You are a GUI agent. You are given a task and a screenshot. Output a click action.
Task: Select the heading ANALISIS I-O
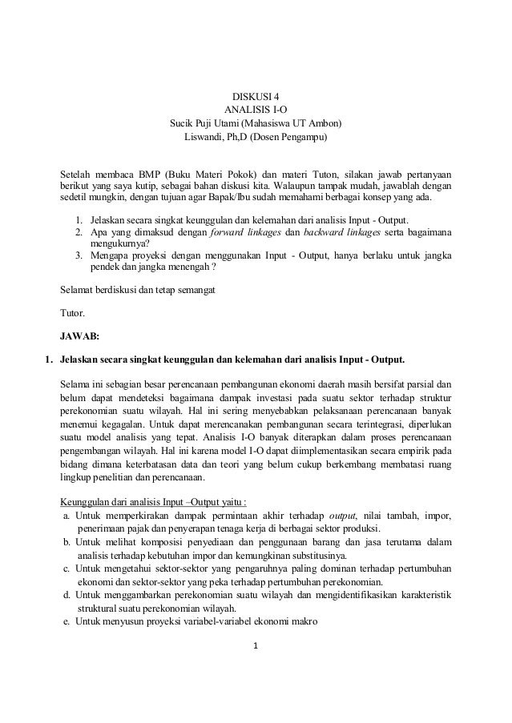tap(256, 110)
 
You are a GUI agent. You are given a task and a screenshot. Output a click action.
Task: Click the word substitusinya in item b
tap(316, 553)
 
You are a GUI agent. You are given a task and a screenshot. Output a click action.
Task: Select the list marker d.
tap(66, 595)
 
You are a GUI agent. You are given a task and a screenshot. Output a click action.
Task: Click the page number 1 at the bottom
tap(256, 646)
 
